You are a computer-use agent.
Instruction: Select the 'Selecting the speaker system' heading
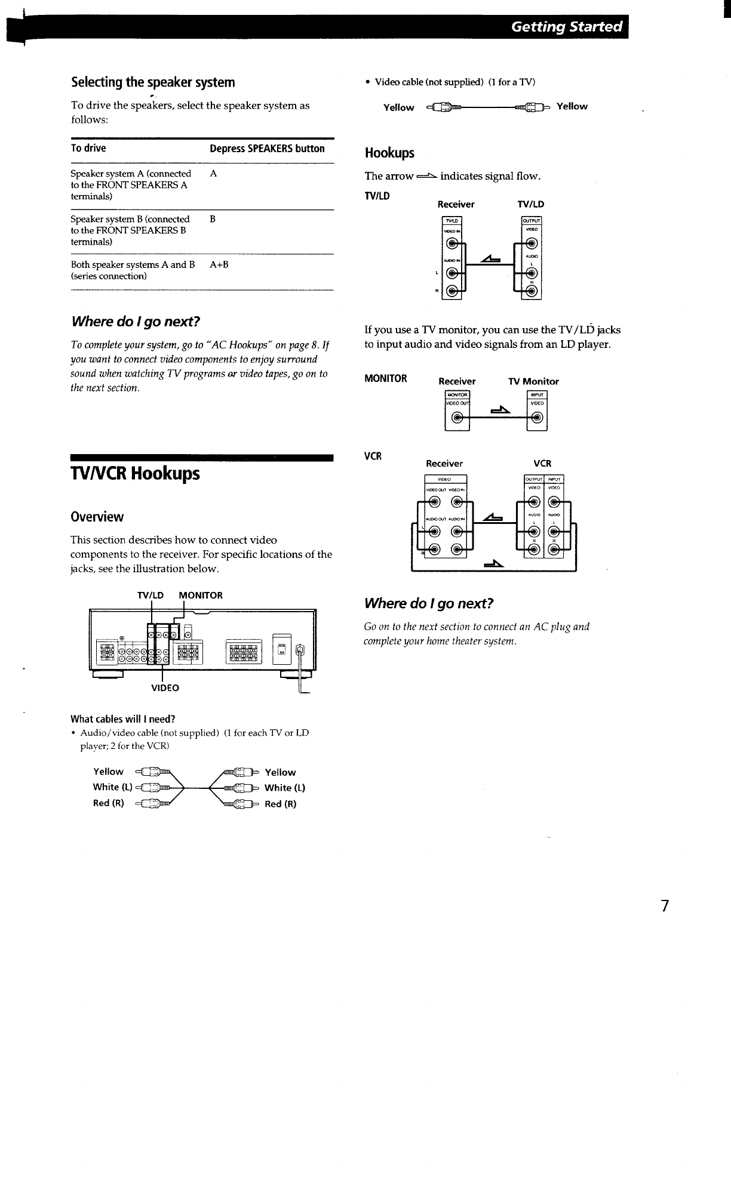click(x=153, y=82)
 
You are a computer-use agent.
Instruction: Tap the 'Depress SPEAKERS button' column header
click(x=267, y=149)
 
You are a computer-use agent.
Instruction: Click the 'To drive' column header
click(x=88, y=149)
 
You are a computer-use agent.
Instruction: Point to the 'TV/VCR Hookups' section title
click(x=135, y=474)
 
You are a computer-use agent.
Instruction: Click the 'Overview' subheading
click(x=97, y=517)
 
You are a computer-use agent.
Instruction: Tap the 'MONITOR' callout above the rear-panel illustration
click(x=201, y=595)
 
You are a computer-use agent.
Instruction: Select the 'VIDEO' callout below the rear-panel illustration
click(x=165, y=688)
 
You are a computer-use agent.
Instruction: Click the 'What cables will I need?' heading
click(x=122, y=719)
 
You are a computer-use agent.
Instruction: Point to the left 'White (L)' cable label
click(x=112, y=787)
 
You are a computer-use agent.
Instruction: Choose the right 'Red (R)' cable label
click(x=280, y=804)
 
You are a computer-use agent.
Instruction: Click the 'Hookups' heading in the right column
click(x=389, y=153)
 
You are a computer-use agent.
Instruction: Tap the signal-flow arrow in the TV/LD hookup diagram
click(x=491, y=259)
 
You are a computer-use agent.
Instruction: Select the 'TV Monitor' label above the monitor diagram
click(x=533, y=381)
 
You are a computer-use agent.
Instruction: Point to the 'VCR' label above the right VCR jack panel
click(x=542, y=463)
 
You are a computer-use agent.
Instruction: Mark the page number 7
click(x=665, y=906)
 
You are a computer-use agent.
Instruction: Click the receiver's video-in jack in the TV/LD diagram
click(x=453, y=243)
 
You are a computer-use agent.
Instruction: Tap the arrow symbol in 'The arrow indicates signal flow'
click(x=426, y=176)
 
